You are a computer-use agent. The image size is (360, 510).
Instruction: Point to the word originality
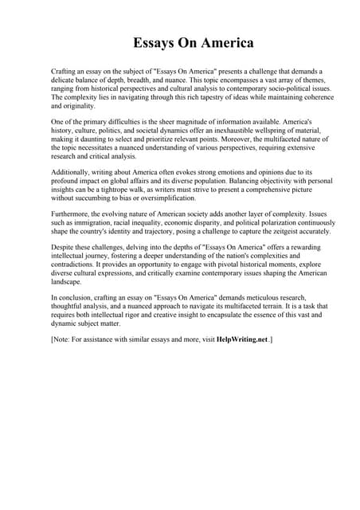pyautogui.click(x=72, y=105)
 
